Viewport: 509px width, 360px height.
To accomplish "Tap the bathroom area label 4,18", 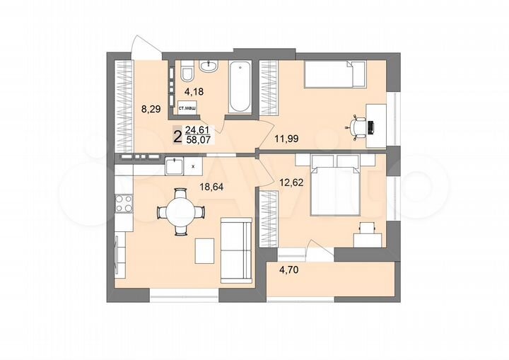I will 194,91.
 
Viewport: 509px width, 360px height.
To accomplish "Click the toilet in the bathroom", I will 187,73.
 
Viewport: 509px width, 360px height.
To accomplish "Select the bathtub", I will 240,87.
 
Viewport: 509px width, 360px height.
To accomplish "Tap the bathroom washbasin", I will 209,68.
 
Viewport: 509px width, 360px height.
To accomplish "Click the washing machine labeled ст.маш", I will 187,108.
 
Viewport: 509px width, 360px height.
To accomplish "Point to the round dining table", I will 180,211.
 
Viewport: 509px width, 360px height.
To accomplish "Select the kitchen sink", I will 174,166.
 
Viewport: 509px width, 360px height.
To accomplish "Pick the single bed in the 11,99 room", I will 334,72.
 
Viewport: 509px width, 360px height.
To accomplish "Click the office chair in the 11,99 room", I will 359,126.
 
